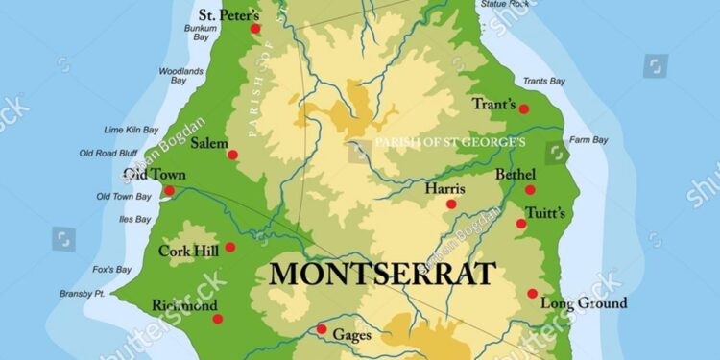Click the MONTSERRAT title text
382,273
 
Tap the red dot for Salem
232,155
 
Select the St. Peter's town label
228,15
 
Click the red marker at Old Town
170,191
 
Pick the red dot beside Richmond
217,319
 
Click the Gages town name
350,334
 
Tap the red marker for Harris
451,204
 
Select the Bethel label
514,175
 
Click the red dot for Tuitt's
521,224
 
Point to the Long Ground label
584,303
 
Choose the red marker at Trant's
524,109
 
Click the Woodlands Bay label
180,76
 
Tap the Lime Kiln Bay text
131,130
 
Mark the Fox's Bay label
112,269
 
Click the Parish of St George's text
450,142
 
